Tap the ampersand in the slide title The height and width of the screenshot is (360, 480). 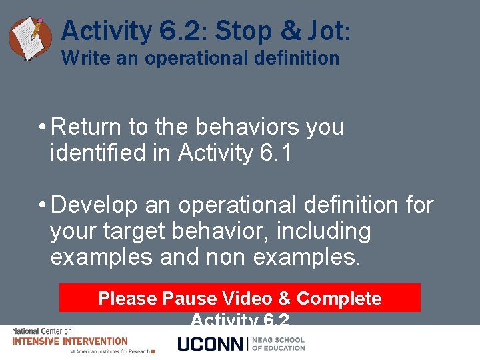[x=290, y=31]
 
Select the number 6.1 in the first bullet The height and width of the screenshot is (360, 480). [x=275, y=153]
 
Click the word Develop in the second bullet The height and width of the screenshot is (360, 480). [x=94, y=205]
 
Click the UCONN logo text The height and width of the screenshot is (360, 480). [x=211, y=344]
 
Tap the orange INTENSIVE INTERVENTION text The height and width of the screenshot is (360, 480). [x=70, y=341]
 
